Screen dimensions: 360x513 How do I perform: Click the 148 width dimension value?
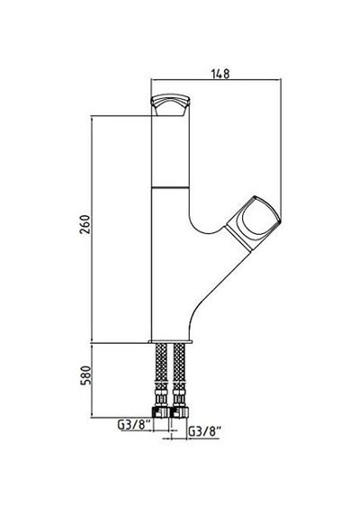[x=220, y=74]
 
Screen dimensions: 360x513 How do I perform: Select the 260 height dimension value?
[x=85, y=224]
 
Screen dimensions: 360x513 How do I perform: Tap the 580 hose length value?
[x=85, y=375]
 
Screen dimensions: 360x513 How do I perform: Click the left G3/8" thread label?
[x=134, y=425]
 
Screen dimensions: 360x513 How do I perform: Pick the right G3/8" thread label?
[x=204, y=432]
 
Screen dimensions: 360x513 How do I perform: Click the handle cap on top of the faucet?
[x=170, y=105]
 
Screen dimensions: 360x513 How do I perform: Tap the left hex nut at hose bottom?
[x=160, y=412]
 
